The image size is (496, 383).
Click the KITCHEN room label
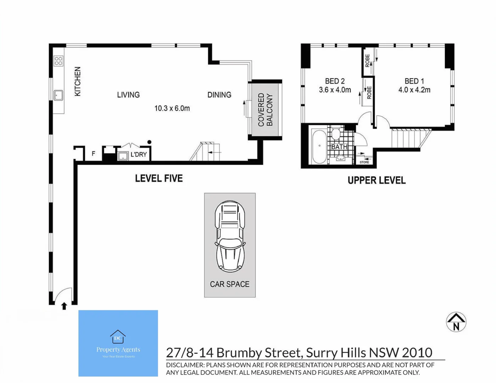coord(78,81)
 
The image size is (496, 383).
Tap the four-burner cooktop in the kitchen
coord(59,61)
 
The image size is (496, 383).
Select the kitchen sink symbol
coord(58,95)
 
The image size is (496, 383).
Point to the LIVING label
coord(128,95)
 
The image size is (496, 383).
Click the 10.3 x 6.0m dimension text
coord(172,108)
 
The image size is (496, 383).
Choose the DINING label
coord(219,95)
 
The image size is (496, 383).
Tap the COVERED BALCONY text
coord(265,110)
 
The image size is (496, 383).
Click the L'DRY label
coord(138,155)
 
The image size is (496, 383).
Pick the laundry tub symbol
coord(123,156)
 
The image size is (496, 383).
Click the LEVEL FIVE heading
coord(159,178)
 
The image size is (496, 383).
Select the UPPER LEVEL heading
coord(376,180)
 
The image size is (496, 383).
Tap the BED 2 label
coord(335,81)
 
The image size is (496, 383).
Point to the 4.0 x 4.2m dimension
coord(414,90)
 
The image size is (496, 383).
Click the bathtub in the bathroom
coord(319,146)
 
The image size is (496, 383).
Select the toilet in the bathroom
coord(336,134)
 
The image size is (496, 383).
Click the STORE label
coord(364,162)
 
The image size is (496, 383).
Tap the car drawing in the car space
coord(230,236)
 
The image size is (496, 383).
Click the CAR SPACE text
coord(230,284)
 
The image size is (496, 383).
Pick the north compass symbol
coord(456,322)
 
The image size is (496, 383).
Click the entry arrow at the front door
coord(64,306)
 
